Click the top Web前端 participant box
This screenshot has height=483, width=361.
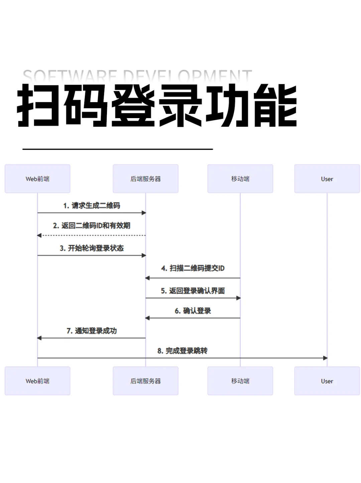click(x=37, y=179)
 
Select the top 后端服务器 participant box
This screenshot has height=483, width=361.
click(x=145, y=179)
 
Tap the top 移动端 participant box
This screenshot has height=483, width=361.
click(x=240, y=179)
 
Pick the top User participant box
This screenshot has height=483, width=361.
click(x=327, y=179)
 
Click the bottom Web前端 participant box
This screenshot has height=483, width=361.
click(x=37, y=381)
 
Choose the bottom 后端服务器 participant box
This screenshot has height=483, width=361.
click(x=145, y=381)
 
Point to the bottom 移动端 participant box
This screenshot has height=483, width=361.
click(x=240, y=381)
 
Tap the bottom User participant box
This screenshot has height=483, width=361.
click(x=327, y=381)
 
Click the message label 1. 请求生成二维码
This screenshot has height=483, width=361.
click(x=92, y=206)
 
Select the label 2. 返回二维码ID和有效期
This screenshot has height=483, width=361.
click(x=92, y=226)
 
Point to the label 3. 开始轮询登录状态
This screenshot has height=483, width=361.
click(x=92, y=248)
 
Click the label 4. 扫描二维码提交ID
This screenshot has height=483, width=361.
click(x=193, y=268)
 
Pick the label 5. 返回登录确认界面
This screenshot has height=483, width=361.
click(x=193, y=291)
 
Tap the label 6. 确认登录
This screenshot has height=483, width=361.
click(x=193, y=311)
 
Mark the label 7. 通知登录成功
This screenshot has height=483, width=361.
click(x=92, y=331)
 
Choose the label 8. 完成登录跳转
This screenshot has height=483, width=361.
click(x=183, y=351)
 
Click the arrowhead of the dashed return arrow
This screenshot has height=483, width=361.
click(x=39, y=235)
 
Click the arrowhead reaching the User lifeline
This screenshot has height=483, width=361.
click(x=325, y=358)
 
